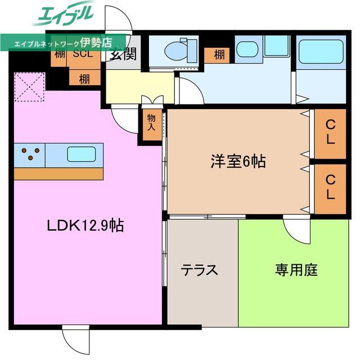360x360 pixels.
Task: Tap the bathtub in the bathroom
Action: click(x=321, y=52)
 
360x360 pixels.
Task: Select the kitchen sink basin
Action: click(x=81, y=154)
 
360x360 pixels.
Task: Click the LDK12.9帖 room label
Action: click(x=85, y=226)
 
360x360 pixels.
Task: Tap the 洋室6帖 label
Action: click(x=238, y=161)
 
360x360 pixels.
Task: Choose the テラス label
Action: click(x=199, y=270)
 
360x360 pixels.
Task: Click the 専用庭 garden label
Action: click(x=296, y=270)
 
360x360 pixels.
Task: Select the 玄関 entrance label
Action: click(x=123, y=54)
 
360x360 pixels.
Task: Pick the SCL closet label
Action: click(x=83, y=54)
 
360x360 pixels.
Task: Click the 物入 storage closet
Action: click(x=152, y=125)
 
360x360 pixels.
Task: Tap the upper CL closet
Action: click(x=330, y=134)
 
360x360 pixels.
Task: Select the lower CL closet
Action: click(x=330, y=189)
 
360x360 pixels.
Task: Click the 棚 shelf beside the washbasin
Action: click(x=217, y=55)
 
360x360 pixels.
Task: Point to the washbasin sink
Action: click(x=247, y=49)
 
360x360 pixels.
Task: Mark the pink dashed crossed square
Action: click(x=29, y=87)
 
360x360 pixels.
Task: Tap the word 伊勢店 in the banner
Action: click(x=96, y=43)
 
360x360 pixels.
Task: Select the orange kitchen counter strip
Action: click(x=58, y=174)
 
